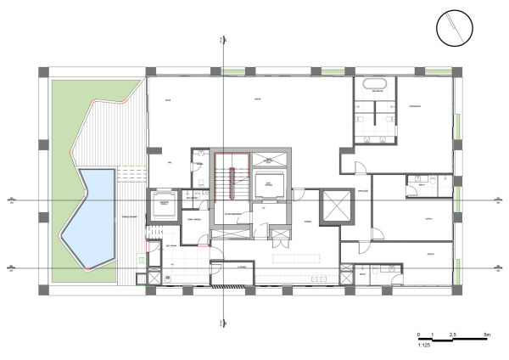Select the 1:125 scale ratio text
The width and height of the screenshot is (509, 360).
tap(425, 346)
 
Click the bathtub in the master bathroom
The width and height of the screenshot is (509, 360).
tap(374, 85)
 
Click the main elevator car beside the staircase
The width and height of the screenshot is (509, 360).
tap(267, 184)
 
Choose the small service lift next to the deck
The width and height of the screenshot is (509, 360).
tap(163, 204)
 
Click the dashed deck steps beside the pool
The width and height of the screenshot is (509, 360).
tap(127, 174)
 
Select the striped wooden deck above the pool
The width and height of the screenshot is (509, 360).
tap(106, 136)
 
